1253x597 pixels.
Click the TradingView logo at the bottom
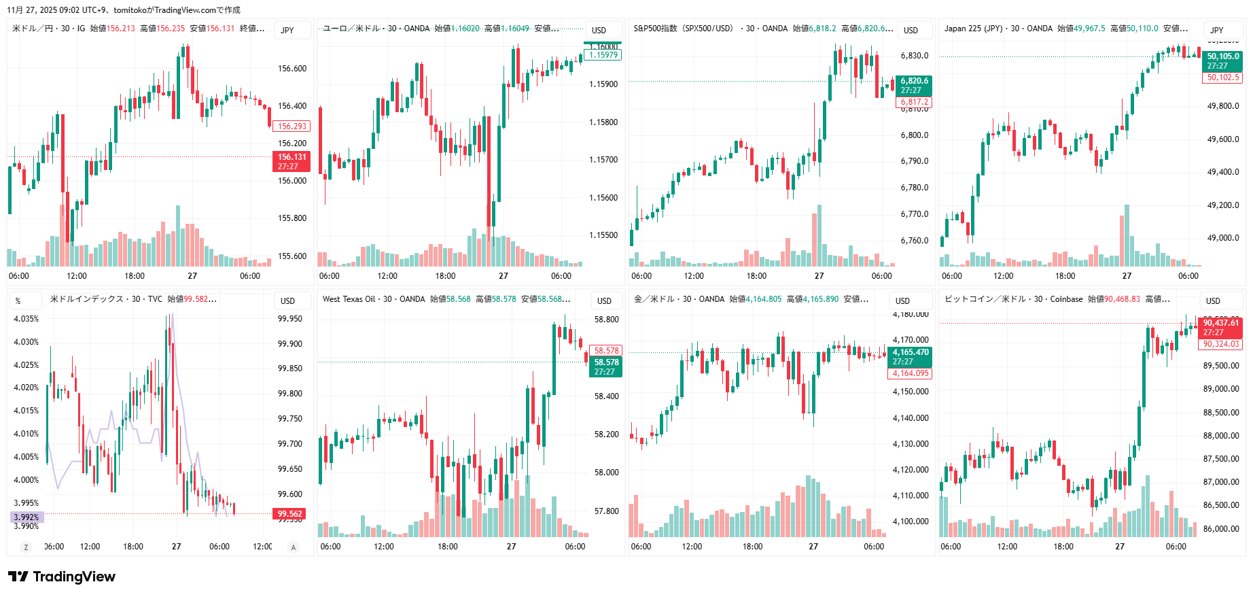(x=62, y=577)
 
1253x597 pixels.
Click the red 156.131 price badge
(x=292, y=161)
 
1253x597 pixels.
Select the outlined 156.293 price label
(x=292, y=126)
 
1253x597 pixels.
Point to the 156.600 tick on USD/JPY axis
(x=292, y=69)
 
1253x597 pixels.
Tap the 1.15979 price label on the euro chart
(x=603, y=55)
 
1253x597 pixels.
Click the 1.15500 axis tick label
(x=603, y=235)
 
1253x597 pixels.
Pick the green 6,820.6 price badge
(x=914, y=85)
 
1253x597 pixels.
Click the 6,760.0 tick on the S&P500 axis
(x=914, y=241)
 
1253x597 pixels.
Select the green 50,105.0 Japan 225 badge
(x=1222, y=61)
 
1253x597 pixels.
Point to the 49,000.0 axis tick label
(x=1222, y=238)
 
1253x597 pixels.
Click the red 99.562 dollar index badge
(x=290, y=514)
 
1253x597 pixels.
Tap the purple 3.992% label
(x=27, y=517)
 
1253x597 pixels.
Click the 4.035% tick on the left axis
(x=27, y=319)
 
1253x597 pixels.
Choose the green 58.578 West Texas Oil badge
(x=606, y=366)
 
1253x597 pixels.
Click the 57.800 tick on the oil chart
(x=606, y=511)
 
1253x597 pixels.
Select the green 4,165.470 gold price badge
(x=910, y=356)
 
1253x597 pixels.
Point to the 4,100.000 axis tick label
(x=910, y=522)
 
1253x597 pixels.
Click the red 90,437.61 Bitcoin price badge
(x=1221, y=327)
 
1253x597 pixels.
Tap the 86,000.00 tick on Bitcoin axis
(x=1220, y=529)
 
